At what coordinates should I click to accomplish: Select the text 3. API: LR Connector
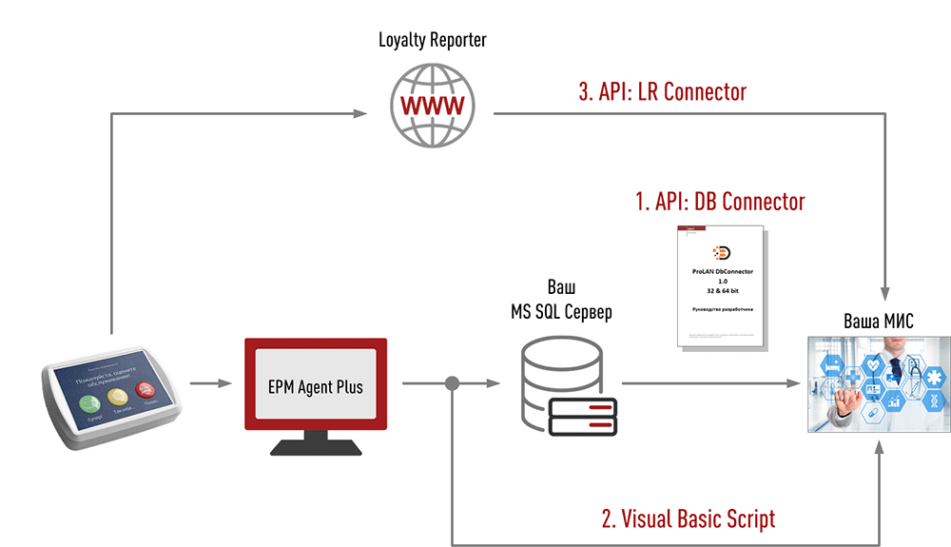(x=663, y=91)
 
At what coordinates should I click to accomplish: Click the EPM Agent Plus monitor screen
(x=316, y=386)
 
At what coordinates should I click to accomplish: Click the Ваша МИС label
(x=879, y=322)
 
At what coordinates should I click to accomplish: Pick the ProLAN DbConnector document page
(x=721, y=285)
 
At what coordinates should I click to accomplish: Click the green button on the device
(x=93, y=397)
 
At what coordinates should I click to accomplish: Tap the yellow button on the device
(x=120, y=395)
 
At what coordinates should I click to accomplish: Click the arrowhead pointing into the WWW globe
(x=361, y=114)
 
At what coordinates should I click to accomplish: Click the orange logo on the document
(x=721, y=252)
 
